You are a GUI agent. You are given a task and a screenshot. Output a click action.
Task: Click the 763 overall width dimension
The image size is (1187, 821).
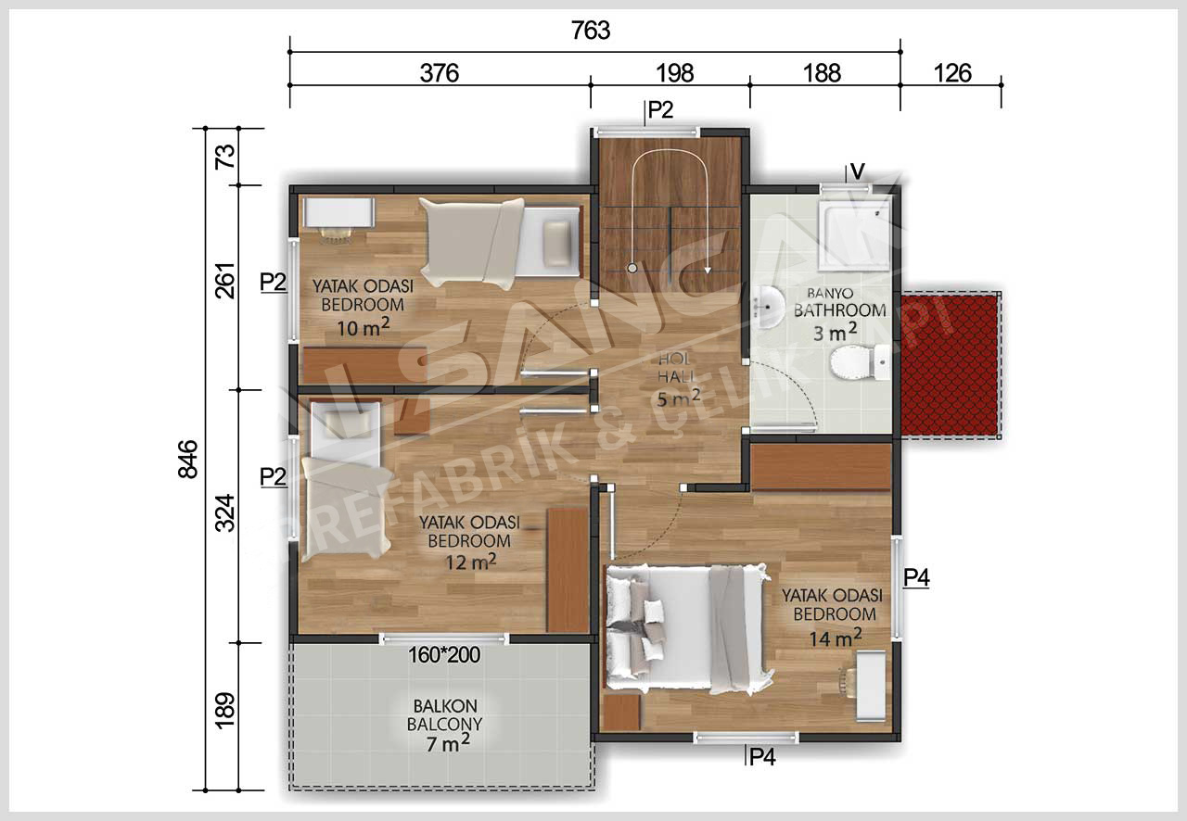591,31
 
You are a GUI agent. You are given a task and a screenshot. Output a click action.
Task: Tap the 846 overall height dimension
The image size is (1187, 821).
187,460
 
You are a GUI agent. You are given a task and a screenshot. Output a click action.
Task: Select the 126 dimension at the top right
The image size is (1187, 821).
951,73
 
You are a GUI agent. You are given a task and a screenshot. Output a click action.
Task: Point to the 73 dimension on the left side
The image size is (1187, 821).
225,157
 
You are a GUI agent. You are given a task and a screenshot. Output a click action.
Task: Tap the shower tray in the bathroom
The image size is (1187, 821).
854,234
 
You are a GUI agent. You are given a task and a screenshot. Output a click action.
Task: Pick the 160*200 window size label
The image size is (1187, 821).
444,655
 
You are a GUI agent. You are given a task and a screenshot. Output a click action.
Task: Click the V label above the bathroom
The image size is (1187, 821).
858,171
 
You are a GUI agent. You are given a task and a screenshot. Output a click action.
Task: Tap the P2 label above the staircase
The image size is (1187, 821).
660,109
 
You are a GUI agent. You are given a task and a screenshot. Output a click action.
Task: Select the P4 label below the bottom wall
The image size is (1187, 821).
762,757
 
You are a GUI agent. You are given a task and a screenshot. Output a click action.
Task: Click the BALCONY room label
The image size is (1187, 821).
444,724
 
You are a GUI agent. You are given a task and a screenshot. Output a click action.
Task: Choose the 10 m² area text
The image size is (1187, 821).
364,327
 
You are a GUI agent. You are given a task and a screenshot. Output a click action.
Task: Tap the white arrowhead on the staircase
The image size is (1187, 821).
708,270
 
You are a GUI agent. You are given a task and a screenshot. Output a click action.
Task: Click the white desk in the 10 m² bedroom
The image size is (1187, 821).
339,212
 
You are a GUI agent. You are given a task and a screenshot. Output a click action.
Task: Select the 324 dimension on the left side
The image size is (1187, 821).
225,512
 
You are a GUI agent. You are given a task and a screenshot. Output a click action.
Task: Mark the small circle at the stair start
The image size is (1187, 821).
632,268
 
